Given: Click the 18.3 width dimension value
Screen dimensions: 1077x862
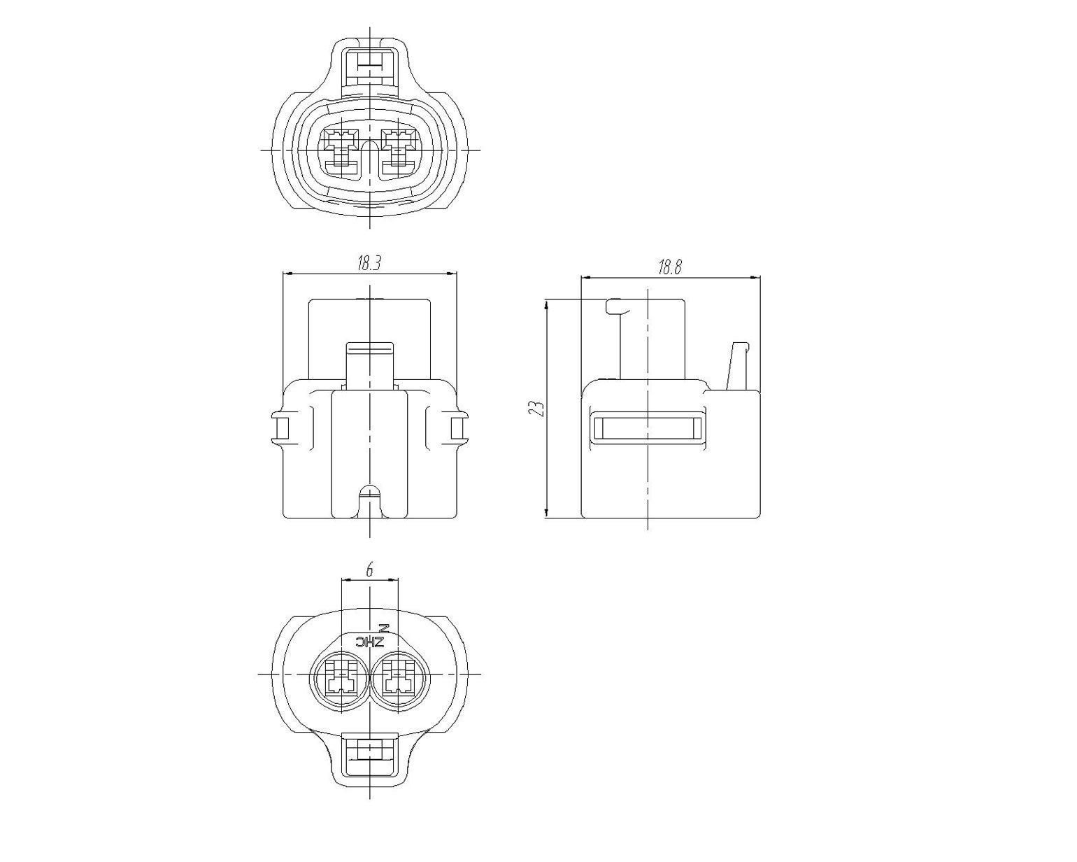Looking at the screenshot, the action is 369,264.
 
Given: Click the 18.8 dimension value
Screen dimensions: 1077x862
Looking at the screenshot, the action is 669,267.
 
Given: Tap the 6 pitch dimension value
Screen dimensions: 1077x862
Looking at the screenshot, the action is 369,570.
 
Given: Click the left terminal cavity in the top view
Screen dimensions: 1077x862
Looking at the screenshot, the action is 341,152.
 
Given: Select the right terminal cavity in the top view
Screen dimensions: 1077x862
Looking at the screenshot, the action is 399,152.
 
